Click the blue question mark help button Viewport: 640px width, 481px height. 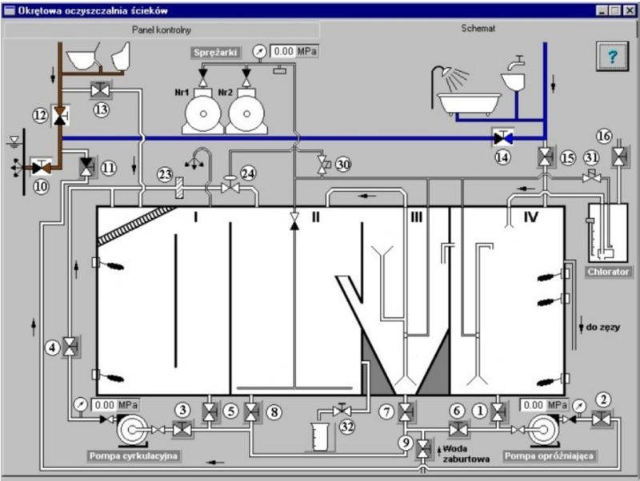(x=612, y=56)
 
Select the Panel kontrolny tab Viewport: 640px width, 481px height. (x=162, y=30)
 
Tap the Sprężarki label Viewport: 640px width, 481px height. (x=215, y=53)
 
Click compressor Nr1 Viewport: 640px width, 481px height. (x=203, y=110)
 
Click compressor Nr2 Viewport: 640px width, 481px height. (x=246, y=110)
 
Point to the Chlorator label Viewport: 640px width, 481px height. (x=608, y=272)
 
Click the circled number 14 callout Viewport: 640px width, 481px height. (x=502, y=157)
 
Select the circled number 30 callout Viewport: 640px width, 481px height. (x=343, y=165)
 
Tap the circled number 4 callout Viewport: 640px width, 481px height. (x=52, y=348)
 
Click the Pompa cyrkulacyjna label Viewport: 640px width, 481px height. (x=134, y=455)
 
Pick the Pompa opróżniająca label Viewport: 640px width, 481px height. (x=549, y=455)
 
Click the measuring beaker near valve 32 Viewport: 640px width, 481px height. (x=320, y=436)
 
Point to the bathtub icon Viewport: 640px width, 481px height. (x=470, y=103)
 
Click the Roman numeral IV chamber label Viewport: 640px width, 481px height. (x=531, y=217)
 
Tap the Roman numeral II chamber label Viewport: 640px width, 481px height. (x=315, y=217)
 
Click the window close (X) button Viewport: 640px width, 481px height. (x=630, y=10)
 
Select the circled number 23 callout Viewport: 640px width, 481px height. (x=165, y=175)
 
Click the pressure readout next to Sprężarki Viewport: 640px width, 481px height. (x=294, y=51)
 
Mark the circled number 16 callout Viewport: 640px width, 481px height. (x=604, y=136)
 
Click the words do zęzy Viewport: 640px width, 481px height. (x=603, y=327)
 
